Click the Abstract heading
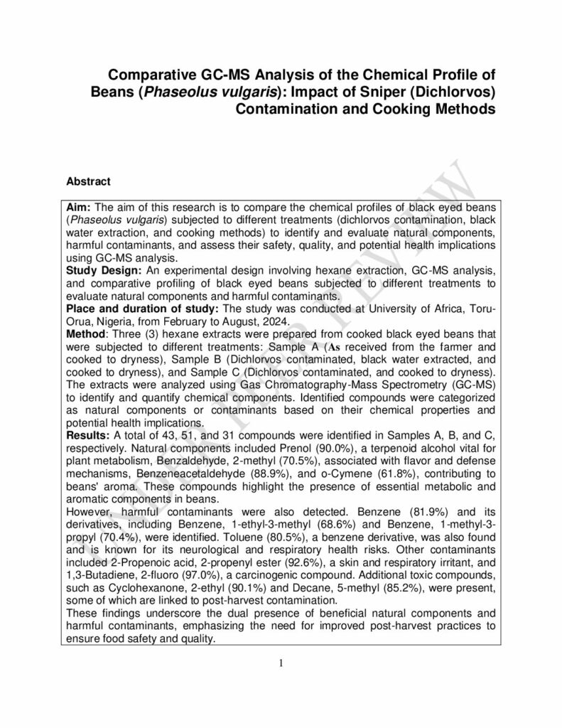[88, 181]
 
